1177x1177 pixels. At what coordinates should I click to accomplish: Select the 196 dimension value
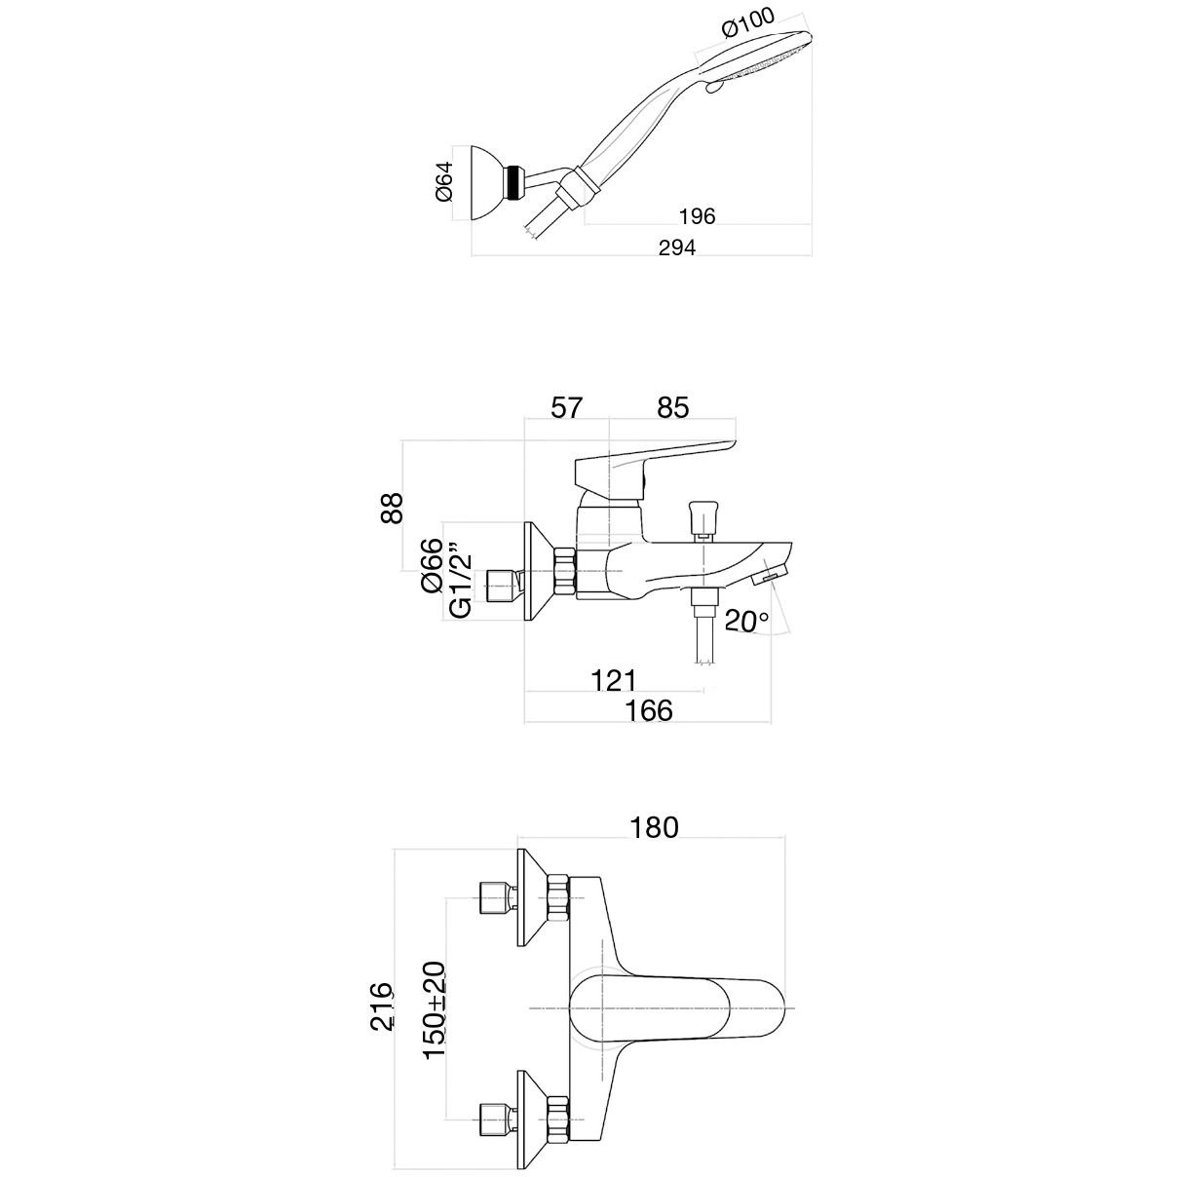[x=696, y=216]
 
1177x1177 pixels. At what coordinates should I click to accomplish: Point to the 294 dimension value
[x=677, y=248]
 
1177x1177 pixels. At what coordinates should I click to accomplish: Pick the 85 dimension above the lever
[x=672, y=406]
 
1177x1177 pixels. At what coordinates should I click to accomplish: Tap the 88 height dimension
[x=391, y=508]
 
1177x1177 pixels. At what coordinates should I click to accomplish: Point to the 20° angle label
[x=746, y=620]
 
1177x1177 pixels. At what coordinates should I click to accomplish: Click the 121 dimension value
[x=615, y=679]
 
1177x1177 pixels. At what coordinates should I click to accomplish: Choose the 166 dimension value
[x=650, y=710]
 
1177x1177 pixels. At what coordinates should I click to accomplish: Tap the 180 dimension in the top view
[x=654, y=827]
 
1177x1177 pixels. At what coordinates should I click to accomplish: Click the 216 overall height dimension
[x=382, y=1006]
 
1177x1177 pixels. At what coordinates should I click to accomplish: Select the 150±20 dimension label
[x=434, y=1010]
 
